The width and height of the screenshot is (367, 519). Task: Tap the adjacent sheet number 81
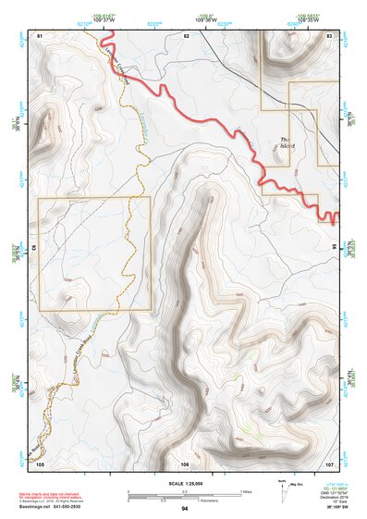click(40, 34)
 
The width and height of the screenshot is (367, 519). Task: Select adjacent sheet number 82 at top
click(186, 34)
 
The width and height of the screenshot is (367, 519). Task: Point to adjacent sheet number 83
click(330, 34)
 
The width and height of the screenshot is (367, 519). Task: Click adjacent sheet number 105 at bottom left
click(40, 463)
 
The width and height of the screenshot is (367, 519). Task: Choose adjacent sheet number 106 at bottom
click(186, 463)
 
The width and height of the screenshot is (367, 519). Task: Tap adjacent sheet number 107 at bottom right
click(330, 463)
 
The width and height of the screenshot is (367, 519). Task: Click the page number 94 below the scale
click(185, 509)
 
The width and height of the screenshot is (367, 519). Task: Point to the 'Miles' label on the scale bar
click(245, 491)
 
